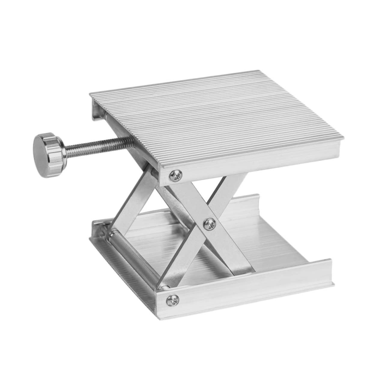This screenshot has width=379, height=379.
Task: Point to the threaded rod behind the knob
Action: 96,144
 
